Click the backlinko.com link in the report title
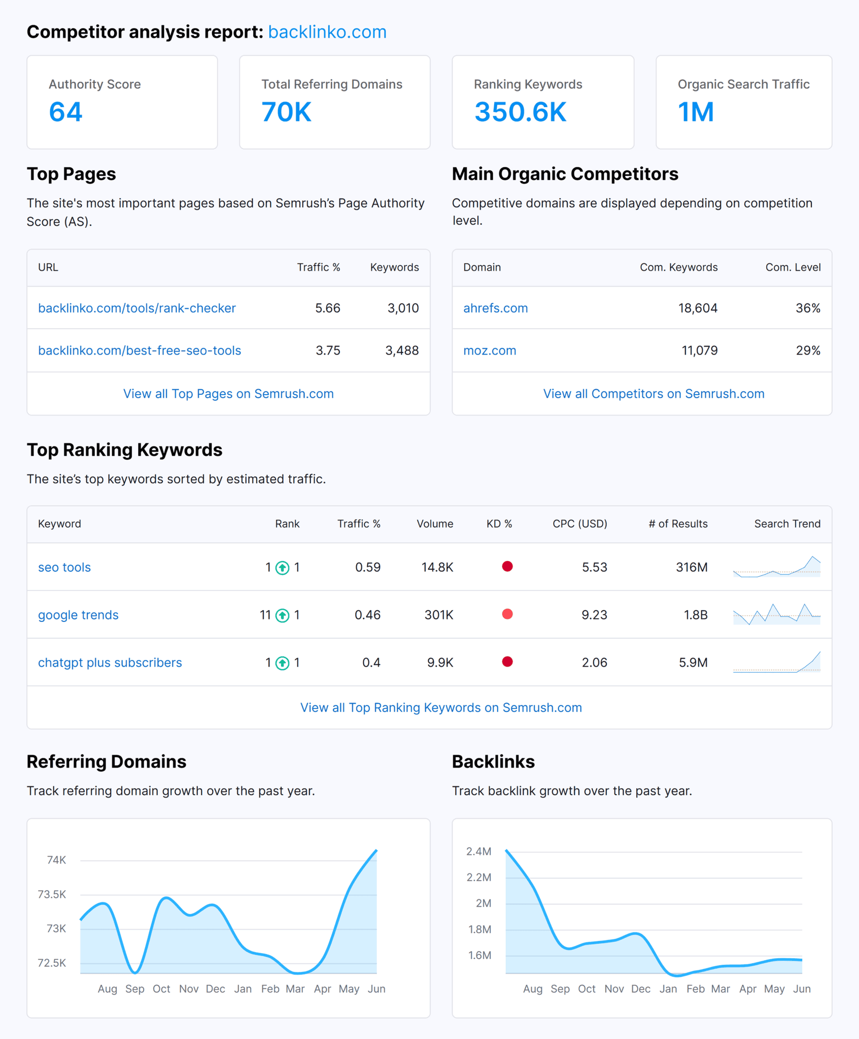[327, 32]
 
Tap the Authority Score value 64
[65, 112]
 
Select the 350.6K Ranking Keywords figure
[520, 112]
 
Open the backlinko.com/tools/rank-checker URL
[136, 308]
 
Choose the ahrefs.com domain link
[495, 308]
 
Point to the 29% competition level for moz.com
[808, 351]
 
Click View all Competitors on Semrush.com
[654, 394]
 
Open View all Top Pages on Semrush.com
[228, 394]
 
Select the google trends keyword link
[78, 615]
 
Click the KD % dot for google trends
[507, 614]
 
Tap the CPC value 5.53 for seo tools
[594, 567]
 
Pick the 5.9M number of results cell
[693, 663]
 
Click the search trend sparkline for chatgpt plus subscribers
[776, 663]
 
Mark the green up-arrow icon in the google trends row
[282, 615]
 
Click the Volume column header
[435, 524]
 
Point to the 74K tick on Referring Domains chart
[56, 860]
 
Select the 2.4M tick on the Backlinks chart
[478, 851]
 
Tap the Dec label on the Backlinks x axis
[640, 989]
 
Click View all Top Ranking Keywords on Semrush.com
[441, 708]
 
